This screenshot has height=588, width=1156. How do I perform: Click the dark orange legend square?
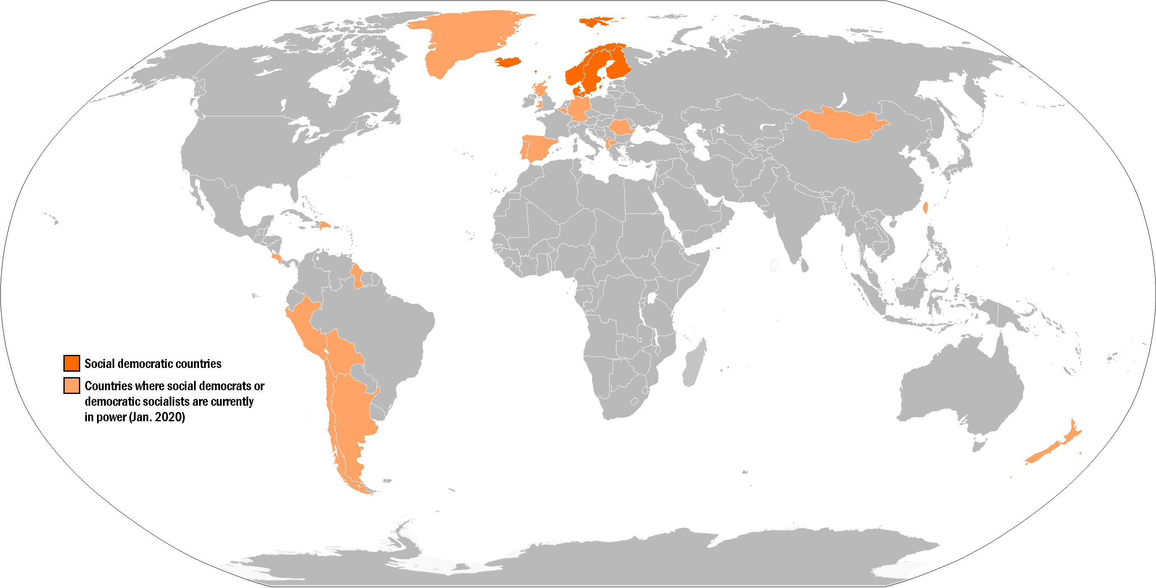[72, 363]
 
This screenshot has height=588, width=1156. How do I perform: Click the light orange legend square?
[72, 386]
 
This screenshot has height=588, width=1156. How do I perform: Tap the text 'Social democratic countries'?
[152, 364]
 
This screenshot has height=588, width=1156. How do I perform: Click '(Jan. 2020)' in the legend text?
[157, 417]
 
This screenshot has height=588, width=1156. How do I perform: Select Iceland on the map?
[508, 62]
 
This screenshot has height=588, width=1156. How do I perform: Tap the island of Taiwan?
[925, 207]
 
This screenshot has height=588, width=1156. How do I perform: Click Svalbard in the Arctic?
[595, 21]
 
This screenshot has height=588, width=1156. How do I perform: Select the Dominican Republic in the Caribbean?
[325, 224]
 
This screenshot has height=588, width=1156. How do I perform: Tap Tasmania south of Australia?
[978, 446]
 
